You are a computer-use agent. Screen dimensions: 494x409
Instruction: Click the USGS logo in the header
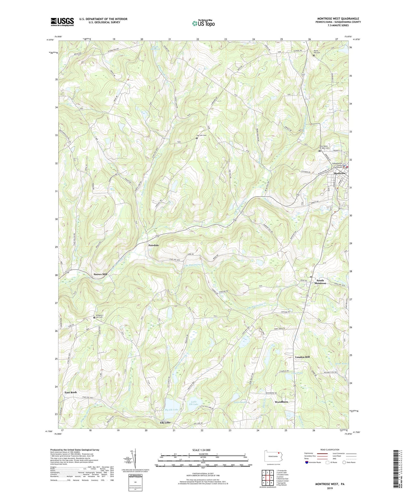pos(62,22)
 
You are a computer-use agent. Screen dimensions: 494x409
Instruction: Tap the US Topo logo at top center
pos(203,23)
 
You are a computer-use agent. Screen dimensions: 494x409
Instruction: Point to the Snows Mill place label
pos(100,274)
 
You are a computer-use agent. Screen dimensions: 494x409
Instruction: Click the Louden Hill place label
pos(302,357)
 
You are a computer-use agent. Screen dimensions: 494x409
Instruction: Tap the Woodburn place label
pos(281,402)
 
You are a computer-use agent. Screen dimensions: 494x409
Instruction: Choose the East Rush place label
pos(70,392)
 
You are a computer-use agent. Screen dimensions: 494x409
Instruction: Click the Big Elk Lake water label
pos(172,409)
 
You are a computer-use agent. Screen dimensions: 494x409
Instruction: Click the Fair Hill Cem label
pos(203,136)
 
